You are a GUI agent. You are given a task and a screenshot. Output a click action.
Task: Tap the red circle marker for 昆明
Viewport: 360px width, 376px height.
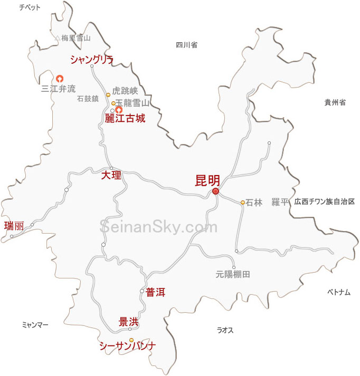(x=215, y=191)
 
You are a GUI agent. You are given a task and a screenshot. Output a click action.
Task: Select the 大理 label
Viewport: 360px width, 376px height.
(x=111, y=175)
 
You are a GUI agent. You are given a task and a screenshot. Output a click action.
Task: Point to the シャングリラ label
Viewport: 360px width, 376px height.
(x=92, y=60)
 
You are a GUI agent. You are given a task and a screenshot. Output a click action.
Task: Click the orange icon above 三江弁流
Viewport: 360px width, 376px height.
(x=60, y=78)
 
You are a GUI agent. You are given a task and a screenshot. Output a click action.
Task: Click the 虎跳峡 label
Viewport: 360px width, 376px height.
(x=125, y=91)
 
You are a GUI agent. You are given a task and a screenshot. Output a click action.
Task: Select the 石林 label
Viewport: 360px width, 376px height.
(x=253, y=203)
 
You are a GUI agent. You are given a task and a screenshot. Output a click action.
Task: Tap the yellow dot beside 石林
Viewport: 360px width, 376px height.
(x=243, y=203)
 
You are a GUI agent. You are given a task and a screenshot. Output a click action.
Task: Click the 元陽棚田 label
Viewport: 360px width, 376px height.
(x=232, y=274)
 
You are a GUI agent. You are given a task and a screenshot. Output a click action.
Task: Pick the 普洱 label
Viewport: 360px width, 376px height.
(x=156, y=292)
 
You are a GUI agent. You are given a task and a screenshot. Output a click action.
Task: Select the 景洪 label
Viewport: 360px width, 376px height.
(x=129, y=321)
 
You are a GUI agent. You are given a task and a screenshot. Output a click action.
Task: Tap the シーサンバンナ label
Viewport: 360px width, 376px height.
(x=128, y=346)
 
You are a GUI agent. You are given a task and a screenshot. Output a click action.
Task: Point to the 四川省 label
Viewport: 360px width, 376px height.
(x=186, y=45)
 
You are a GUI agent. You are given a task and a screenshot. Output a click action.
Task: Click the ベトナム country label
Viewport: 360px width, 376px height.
(x=338, y=292)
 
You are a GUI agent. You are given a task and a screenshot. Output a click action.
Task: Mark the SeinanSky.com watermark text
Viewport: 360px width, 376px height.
(x=158, y=227)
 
